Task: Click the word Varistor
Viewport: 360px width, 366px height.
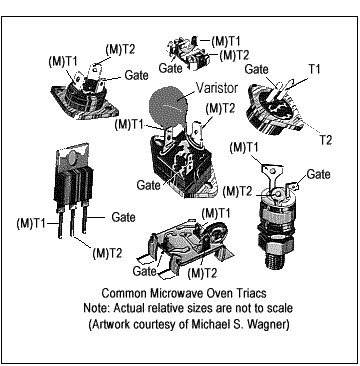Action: click(x=216, y=88)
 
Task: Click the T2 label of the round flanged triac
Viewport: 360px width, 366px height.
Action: click(x=325, y=140)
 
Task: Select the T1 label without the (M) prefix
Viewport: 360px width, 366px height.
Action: click(x=313, y=69)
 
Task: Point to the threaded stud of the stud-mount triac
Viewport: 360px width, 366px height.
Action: click(x=274, y=258)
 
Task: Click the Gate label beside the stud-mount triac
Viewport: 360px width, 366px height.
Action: click(x=318, y=174)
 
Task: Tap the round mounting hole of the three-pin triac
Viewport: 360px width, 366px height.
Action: click(x=73, y=156)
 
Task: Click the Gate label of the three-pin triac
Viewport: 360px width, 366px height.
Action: click(x=123, y=217)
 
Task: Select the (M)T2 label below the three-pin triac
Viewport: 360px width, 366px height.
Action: click(x=107, y=254)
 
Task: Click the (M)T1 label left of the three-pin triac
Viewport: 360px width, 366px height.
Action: click(x=30, y=224)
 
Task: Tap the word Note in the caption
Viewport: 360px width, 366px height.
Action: click(x=95, y=308)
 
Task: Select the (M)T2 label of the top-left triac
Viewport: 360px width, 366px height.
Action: click(x=120, y=50)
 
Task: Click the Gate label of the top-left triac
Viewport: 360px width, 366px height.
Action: click(x=136, y=75)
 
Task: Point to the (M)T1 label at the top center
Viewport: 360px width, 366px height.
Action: click(x=226, y=41)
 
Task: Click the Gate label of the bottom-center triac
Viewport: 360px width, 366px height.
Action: click(x=144, y=271)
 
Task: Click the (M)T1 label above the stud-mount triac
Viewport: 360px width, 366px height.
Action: click(x=244, y=148)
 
